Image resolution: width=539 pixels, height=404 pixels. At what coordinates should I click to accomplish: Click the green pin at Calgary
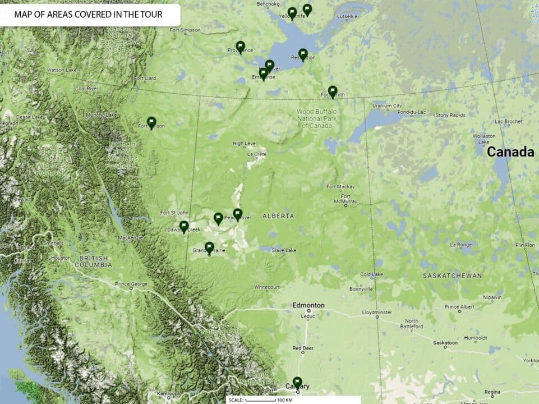coord(297,382)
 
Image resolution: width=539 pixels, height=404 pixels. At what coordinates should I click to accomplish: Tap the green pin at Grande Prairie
coord(209,247)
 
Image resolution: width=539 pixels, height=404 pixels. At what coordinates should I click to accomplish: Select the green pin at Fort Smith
coord(333,91)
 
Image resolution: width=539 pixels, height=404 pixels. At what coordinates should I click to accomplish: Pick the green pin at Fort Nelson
coord(151,122)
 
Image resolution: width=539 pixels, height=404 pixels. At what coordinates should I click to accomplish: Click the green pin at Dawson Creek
coord(184,226)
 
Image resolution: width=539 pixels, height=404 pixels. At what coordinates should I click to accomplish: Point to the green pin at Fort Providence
coord(241,47)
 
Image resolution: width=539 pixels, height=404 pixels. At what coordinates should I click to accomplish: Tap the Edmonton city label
coord(308,305)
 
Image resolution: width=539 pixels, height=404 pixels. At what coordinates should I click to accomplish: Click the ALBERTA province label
coord(278,216)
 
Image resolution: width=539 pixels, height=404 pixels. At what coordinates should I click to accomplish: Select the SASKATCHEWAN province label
coord(452,276)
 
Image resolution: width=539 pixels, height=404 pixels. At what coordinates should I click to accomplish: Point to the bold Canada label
coord(510,152)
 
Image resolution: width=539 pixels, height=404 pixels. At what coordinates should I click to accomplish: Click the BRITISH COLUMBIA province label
coord(94,261)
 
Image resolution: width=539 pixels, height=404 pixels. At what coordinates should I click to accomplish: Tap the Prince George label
coord(131,284)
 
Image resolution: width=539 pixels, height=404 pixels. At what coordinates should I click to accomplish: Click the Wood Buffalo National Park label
coord(317,118)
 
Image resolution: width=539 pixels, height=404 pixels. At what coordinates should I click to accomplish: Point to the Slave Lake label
coord(284,250)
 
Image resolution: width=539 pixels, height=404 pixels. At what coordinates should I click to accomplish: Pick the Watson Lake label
coord(61,70)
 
